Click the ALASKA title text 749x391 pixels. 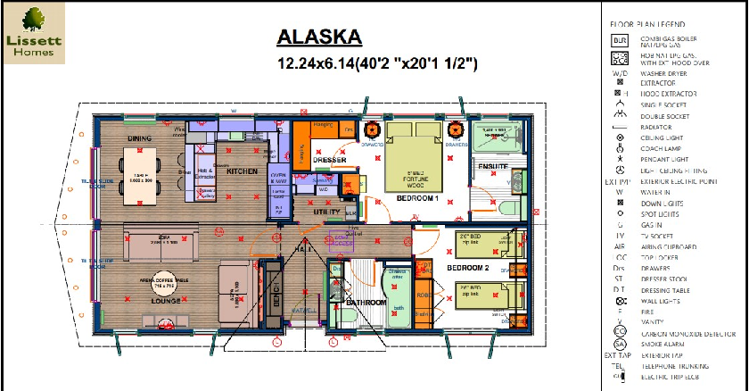(x=319, y=37)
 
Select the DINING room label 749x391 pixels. (x=139, y=138)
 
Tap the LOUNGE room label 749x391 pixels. (x=166, y=302)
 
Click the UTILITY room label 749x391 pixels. (x=326, y=212)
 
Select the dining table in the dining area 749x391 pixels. (x=139, y=176)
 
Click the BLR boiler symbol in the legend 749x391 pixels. (x=620, y=40)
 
